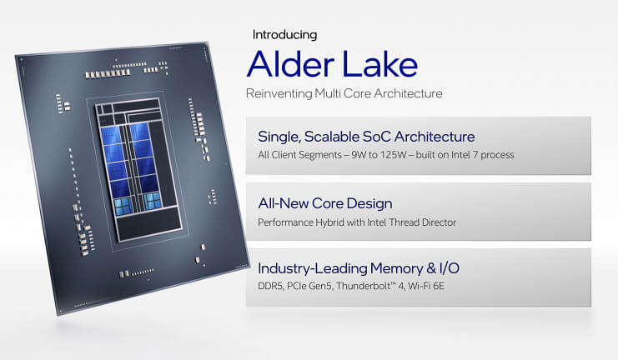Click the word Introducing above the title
284,35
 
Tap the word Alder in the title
291,64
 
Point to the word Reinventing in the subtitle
279,93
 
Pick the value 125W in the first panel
393,155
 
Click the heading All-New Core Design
325,203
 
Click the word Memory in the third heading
396,268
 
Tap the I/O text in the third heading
450,268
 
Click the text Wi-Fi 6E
426,286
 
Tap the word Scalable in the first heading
331,137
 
